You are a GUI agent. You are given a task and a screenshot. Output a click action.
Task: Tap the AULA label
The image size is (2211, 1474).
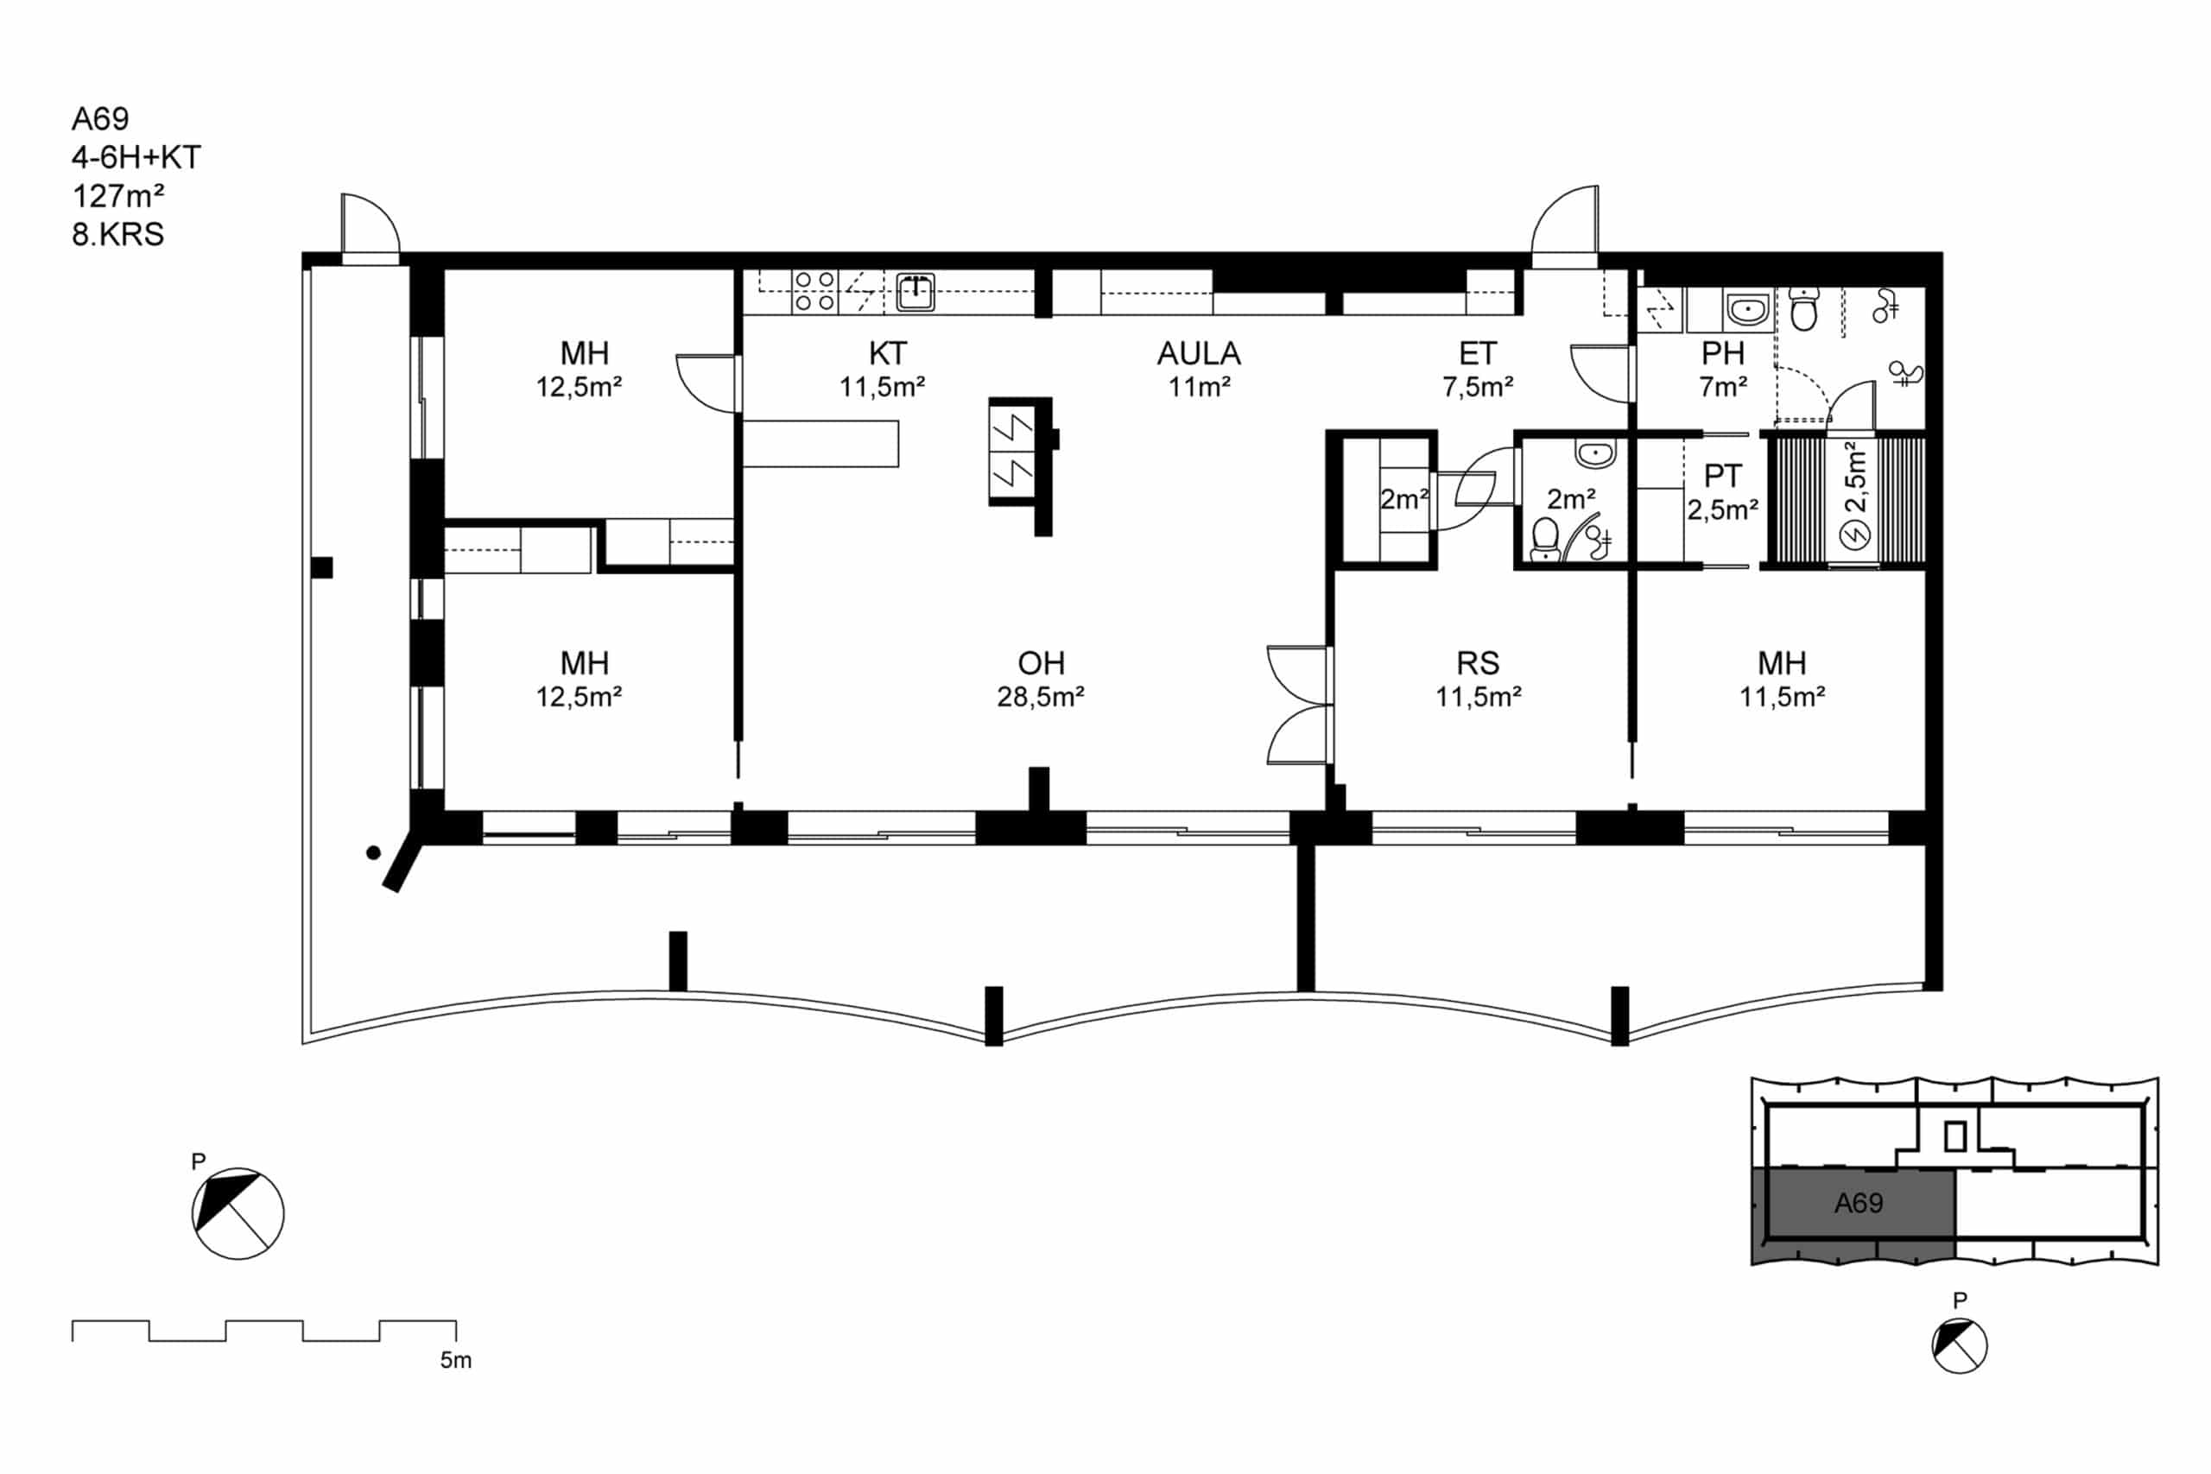tap(1199, 353)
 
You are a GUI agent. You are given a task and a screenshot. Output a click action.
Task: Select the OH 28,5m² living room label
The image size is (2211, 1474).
tap(1041, 679)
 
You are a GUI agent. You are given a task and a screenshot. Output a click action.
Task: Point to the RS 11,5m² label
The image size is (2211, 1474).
tap(1478, 679)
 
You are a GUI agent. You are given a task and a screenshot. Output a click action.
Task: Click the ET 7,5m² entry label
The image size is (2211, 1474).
tap(1478, 369)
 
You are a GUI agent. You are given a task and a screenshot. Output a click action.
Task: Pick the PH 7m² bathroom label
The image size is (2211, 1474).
tap(1723, 369)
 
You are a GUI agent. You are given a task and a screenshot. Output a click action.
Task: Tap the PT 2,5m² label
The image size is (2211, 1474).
tap(1722, 491)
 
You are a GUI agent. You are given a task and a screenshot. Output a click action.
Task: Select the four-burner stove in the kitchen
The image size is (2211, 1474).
tap(814, 291)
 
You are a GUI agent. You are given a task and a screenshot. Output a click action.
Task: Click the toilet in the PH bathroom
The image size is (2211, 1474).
tap(1803, 309)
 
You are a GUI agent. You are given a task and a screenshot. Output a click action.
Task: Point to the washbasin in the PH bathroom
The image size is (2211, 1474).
tap(1747, 308)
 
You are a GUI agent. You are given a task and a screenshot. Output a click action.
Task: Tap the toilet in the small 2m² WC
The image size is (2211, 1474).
tap(1544, 540)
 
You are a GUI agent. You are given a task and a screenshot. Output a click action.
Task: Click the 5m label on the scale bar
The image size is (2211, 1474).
tap(456, 1359)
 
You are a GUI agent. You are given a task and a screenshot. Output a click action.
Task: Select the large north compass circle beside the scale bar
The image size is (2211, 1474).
tap(238, 1213)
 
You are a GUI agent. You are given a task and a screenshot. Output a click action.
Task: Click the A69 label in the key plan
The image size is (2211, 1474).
tap(1859, 1202)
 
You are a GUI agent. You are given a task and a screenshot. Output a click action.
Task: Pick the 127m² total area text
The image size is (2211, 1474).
tap(118, 195)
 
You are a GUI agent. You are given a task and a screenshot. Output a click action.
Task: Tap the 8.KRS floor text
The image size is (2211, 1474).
tap(117, 234)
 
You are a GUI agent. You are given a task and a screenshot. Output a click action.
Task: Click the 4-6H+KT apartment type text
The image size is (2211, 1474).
tap(136, 157)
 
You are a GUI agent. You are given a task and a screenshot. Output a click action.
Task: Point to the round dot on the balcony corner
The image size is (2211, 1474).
tap(373, 852)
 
